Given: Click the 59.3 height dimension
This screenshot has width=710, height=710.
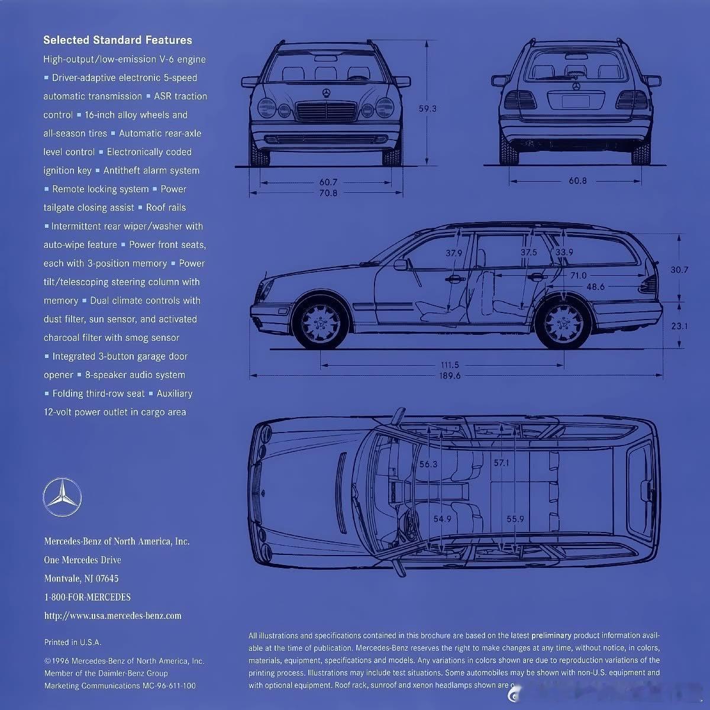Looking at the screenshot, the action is point(427,109).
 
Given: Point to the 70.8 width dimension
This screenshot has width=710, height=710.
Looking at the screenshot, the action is point(328,193).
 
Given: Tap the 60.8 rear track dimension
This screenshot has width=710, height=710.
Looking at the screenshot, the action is point(577,180).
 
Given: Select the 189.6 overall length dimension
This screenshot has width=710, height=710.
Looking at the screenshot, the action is point(450,376).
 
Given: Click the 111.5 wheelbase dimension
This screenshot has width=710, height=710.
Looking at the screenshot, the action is point(450,365).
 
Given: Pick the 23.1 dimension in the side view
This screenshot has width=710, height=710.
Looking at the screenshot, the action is point(679,326).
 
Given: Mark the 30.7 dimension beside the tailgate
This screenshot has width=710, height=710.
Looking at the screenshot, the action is point(679,270).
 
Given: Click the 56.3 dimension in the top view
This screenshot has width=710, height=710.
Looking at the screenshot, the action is point(428,464).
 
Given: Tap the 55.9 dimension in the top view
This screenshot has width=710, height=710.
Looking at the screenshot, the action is point(515,519).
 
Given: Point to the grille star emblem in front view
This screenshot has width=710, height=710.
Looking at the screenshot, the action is point(326,93).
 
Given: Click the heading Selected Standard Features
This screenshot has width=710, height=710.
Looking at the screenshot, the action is point(118,40).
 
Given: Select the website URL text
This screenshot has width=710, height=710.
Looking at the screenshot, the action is point(113,616).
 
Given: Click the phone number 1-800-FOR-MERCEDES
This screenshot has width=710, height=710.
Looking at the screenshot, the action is point(88,597).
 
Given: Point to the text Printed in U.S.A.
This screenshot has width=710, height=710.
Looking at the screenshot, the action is point(73,642).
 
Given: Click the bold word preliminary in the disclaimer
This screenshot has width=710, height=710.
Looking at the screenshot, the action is point(551,635).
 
